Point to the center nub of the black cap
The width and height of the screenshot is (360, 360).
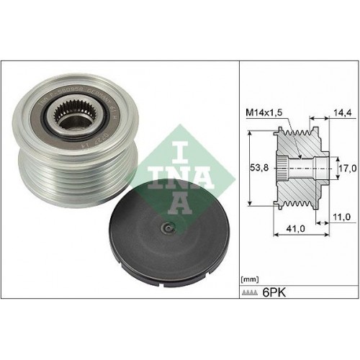pos(166,230)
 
